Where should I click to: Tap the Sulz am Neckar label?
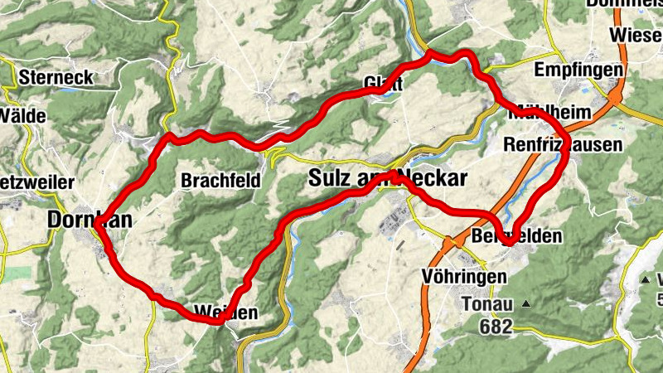point(388,178)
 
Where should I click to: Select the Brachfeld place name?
point(220,180)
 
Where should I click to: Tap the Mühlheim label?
point(550,113)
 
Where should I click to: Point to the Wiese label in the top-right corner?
point(634,35)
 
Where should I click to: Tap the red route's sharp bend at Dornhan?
point(98,223)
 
